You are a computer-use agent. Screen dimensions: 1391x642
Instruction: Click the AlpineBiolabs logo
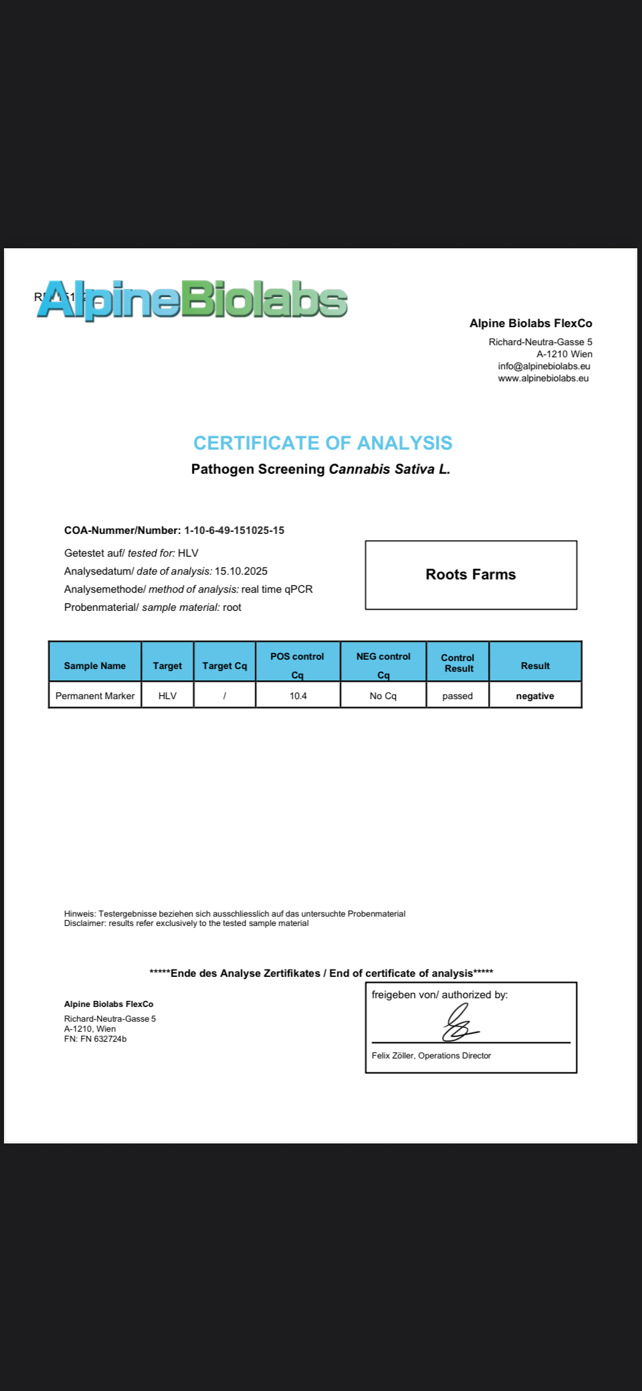pos(193,299)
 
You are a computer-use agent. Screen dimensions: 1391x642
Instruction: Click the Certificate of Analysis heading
pos(322,443)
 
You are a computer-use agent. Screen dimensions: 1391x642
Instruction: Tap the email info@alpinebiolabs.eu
pos(544,366)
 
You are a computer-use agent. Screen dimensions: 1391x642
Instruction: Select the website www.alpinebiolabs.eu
pos(543,378)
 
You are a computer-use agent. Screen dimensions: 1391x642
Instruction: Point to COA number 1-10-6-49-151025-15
pos(234,530)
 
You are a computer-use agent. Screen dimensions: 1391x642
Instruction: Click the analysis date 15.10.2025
pos(241,571)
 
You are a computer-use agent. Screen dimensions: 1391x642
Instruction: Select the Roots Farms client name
pos(471,574)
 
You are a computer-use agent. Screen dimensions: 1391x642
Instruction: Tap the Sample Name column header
pos(95,666)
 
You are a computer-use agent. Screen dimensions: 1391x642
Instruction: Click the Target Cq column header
pos(225,666)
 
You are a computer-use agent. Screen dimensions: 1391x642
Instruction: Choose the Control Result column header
pos(458,662)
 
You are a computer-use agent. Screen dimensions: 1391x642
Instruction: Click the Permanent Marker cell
pos(95,696)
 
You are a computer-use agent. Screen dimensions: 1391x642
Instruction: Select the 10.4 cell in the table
pos(298,696)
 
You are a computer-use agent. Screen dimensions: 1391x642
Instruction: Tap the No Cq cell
pos(383,696)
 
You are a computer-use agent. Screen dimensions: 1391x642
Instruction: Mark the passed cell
pos(457,696)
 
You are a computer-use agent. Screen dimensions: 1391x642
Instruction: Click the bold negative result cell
pos(535,696)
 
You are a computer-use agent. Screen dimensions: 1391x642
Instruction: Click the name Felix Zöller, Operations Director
pos(431,1055)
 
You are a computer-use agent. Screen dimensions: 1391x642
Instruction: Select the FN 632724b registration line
pos(96,1039)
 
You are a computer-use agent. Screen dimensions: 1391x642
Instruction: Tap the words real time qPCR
pos(277,589)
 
